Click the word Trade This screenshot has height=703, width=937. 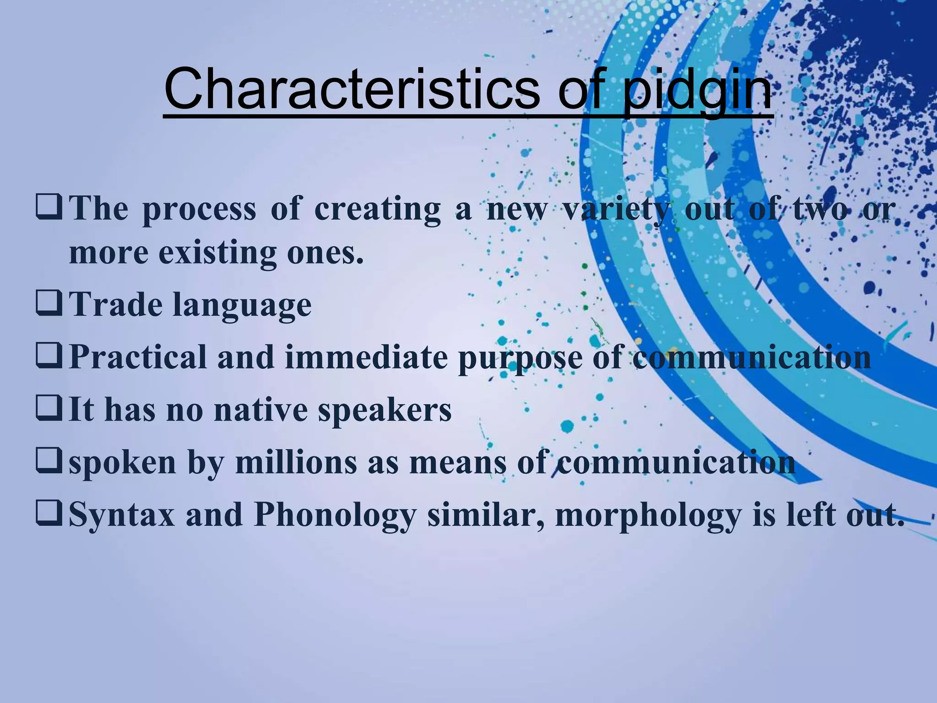point(115,304)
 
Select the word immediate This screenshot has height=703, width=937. point(366,357)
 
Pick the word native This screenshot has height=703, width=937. point(261,410)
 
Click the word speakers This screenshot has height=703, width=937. point(384,411)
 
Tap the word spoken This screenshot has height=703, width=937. point(123,463)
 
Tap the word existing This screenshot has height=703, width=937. point(218,253)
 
